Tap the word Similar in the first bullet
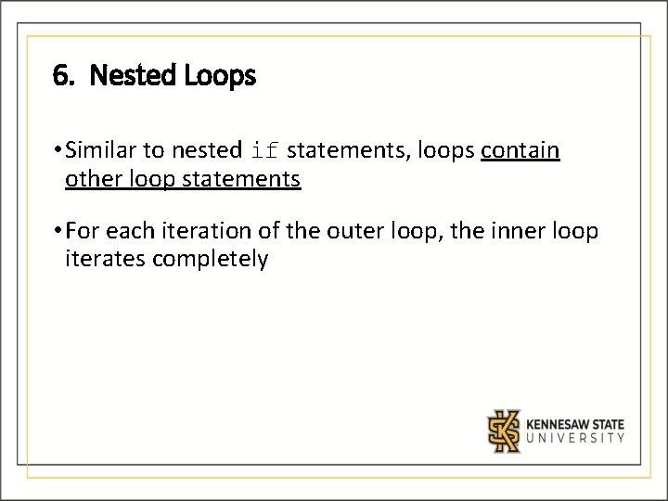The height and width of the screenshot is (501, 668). (101, 149)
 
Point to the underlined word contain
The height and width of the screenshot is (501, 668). (520, 149)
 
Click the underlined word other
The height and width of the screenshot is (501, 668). (90, 178)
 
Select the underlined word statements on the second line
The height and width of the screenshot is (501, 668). (244, 178)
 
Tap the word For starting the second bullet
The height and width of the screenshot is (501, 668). (83, 230)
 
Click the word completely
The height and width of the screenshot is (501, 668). (211, 259)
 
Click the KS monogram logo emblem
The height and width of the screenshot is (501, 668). (505, 430)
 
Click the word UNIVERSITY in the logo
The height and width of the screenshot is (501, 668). (575, 439)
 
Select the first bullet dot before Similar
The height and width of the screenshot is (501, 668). (58, 149)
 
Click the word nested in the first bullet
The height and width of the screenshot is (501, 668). (206, 149)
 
